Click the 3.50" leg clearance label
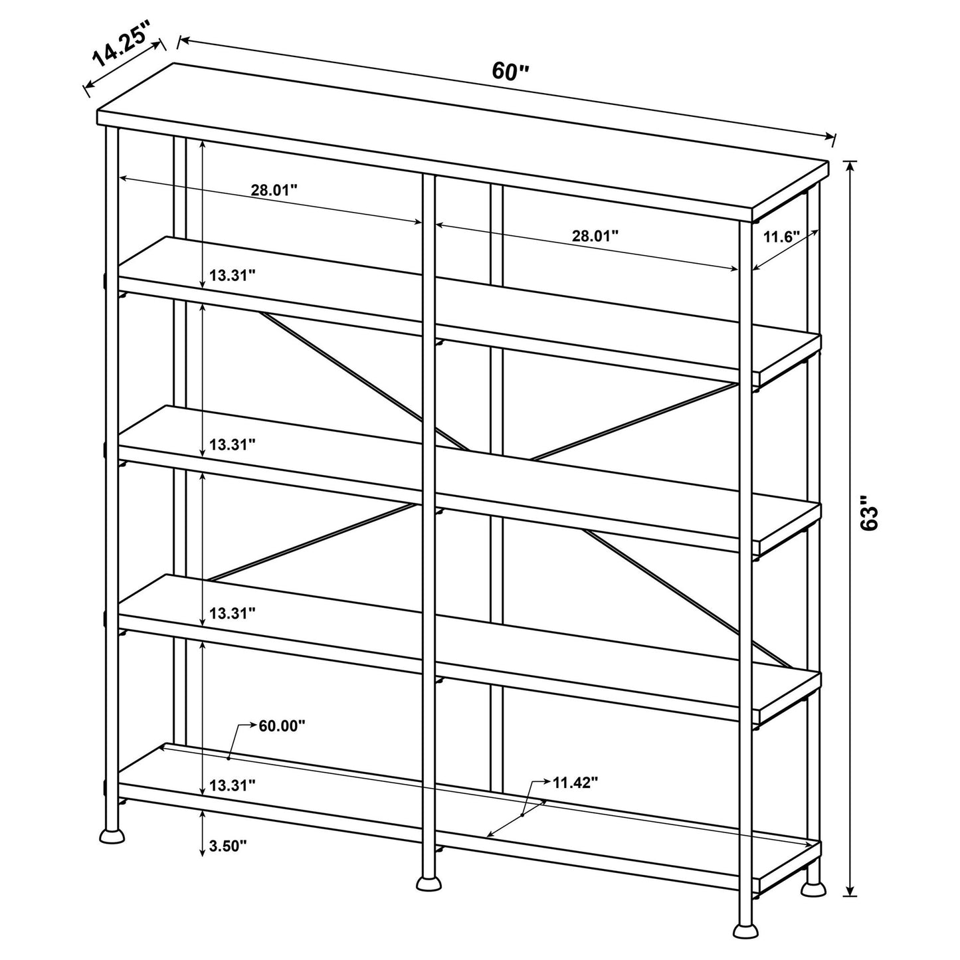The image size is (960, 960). (228, 846)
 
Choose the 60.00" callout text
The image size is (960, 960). (281, 725)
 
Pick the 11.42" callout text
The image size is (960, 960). (575, 782)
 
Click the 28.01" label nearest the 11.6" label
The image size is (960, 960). (595, 235)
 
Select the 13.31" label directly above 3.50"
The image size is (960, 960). (232, 785)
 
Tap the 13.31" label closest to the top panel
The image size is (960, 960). (232, 275)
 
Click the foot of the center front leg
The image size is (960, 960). (429, 883)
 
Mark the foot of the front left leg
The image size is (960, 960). (112, 835)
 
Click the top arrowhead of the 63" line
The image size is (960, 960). (850, 165)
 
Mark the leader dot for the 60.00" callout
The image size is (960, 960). (229, 757)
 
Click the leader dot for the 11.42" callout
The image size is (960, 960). (523, 815)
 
